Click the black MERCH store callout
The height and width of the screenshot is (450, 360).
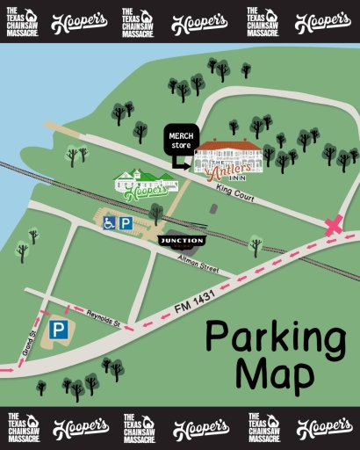[181, 140]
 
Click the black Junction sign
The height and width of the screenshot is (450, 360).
[182, 240]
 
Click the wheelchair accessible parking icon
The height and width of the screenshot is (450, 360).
[109, 223]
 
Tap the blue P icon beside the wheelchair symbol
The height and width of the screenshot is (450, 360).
[126, 223]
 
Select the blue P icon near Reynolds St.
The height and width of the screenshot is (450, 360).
[58, 330]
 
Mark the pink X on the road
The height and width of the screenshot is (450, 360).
[333, 226]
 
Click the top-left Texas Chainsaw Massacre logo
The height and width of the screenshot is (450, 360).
[21, 21]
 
